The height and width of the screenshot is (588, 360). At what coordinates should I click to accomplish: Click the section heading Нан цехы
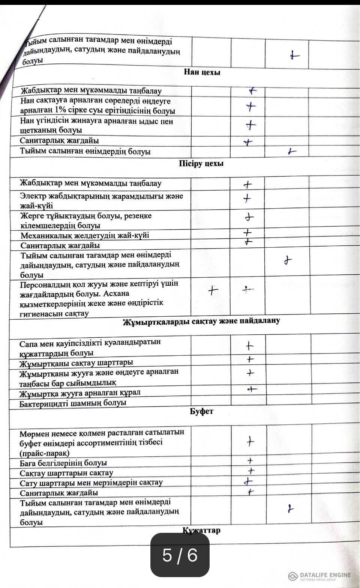coord(202,72)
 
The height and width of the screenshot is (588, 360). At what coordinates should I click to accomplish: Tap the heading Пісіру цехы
coord(201,164)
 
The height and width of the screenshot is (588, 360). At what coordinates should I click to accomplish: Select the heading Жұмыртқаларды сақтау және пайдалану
coord(201,321)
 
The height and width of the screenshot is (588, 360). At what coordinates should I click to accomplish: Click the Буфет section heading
coord(201,411)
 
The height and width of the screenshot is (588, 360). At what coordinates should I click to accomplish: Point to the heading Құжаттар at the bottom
coord(201,530)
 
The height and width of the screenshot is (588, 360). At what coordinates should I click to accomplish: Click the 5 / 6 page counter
coord(180,555)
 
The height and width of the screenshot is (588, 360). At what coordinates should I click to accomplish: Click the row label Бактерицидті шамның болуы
coord(73,403)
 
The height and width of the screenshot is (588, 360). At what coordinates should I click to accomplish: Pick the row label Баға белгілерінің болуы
coord(63,463)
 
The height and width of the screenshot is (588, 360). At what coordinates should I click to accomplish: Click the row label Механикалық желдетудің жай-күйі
coord(85,236)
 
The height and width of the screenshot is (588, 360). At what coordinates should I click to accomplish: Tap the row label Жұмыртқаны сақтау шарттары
coord(76,363)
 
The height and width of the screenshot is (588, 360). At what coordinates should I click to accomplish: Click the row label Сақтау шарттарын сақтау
coord(66,473)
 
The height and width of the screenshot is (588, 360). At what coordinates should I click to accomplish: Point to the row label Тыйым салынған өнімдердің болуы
coord(85,152)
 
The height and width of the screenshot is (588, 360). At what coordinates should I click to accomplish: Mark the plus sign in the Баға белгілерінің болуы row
coord(250,461)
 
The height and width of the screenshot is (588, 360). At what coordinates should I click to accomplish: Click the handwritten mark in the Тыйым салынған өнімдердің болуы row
coord(291,151)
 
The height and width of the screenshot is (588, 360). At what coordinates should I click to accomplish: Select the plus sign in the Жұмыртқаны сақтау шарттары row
coord(250,359)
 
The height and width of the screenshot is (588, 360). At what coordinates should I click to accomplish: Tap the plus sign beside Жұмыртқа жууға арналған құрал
coord(252,389)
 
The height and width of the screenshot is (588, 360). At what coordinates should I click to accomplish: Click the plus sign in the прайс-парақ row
coord(250,442)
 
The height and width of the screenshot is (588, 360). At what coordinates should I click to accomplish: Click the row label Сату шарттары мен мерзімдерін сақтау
coord(91,483)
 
